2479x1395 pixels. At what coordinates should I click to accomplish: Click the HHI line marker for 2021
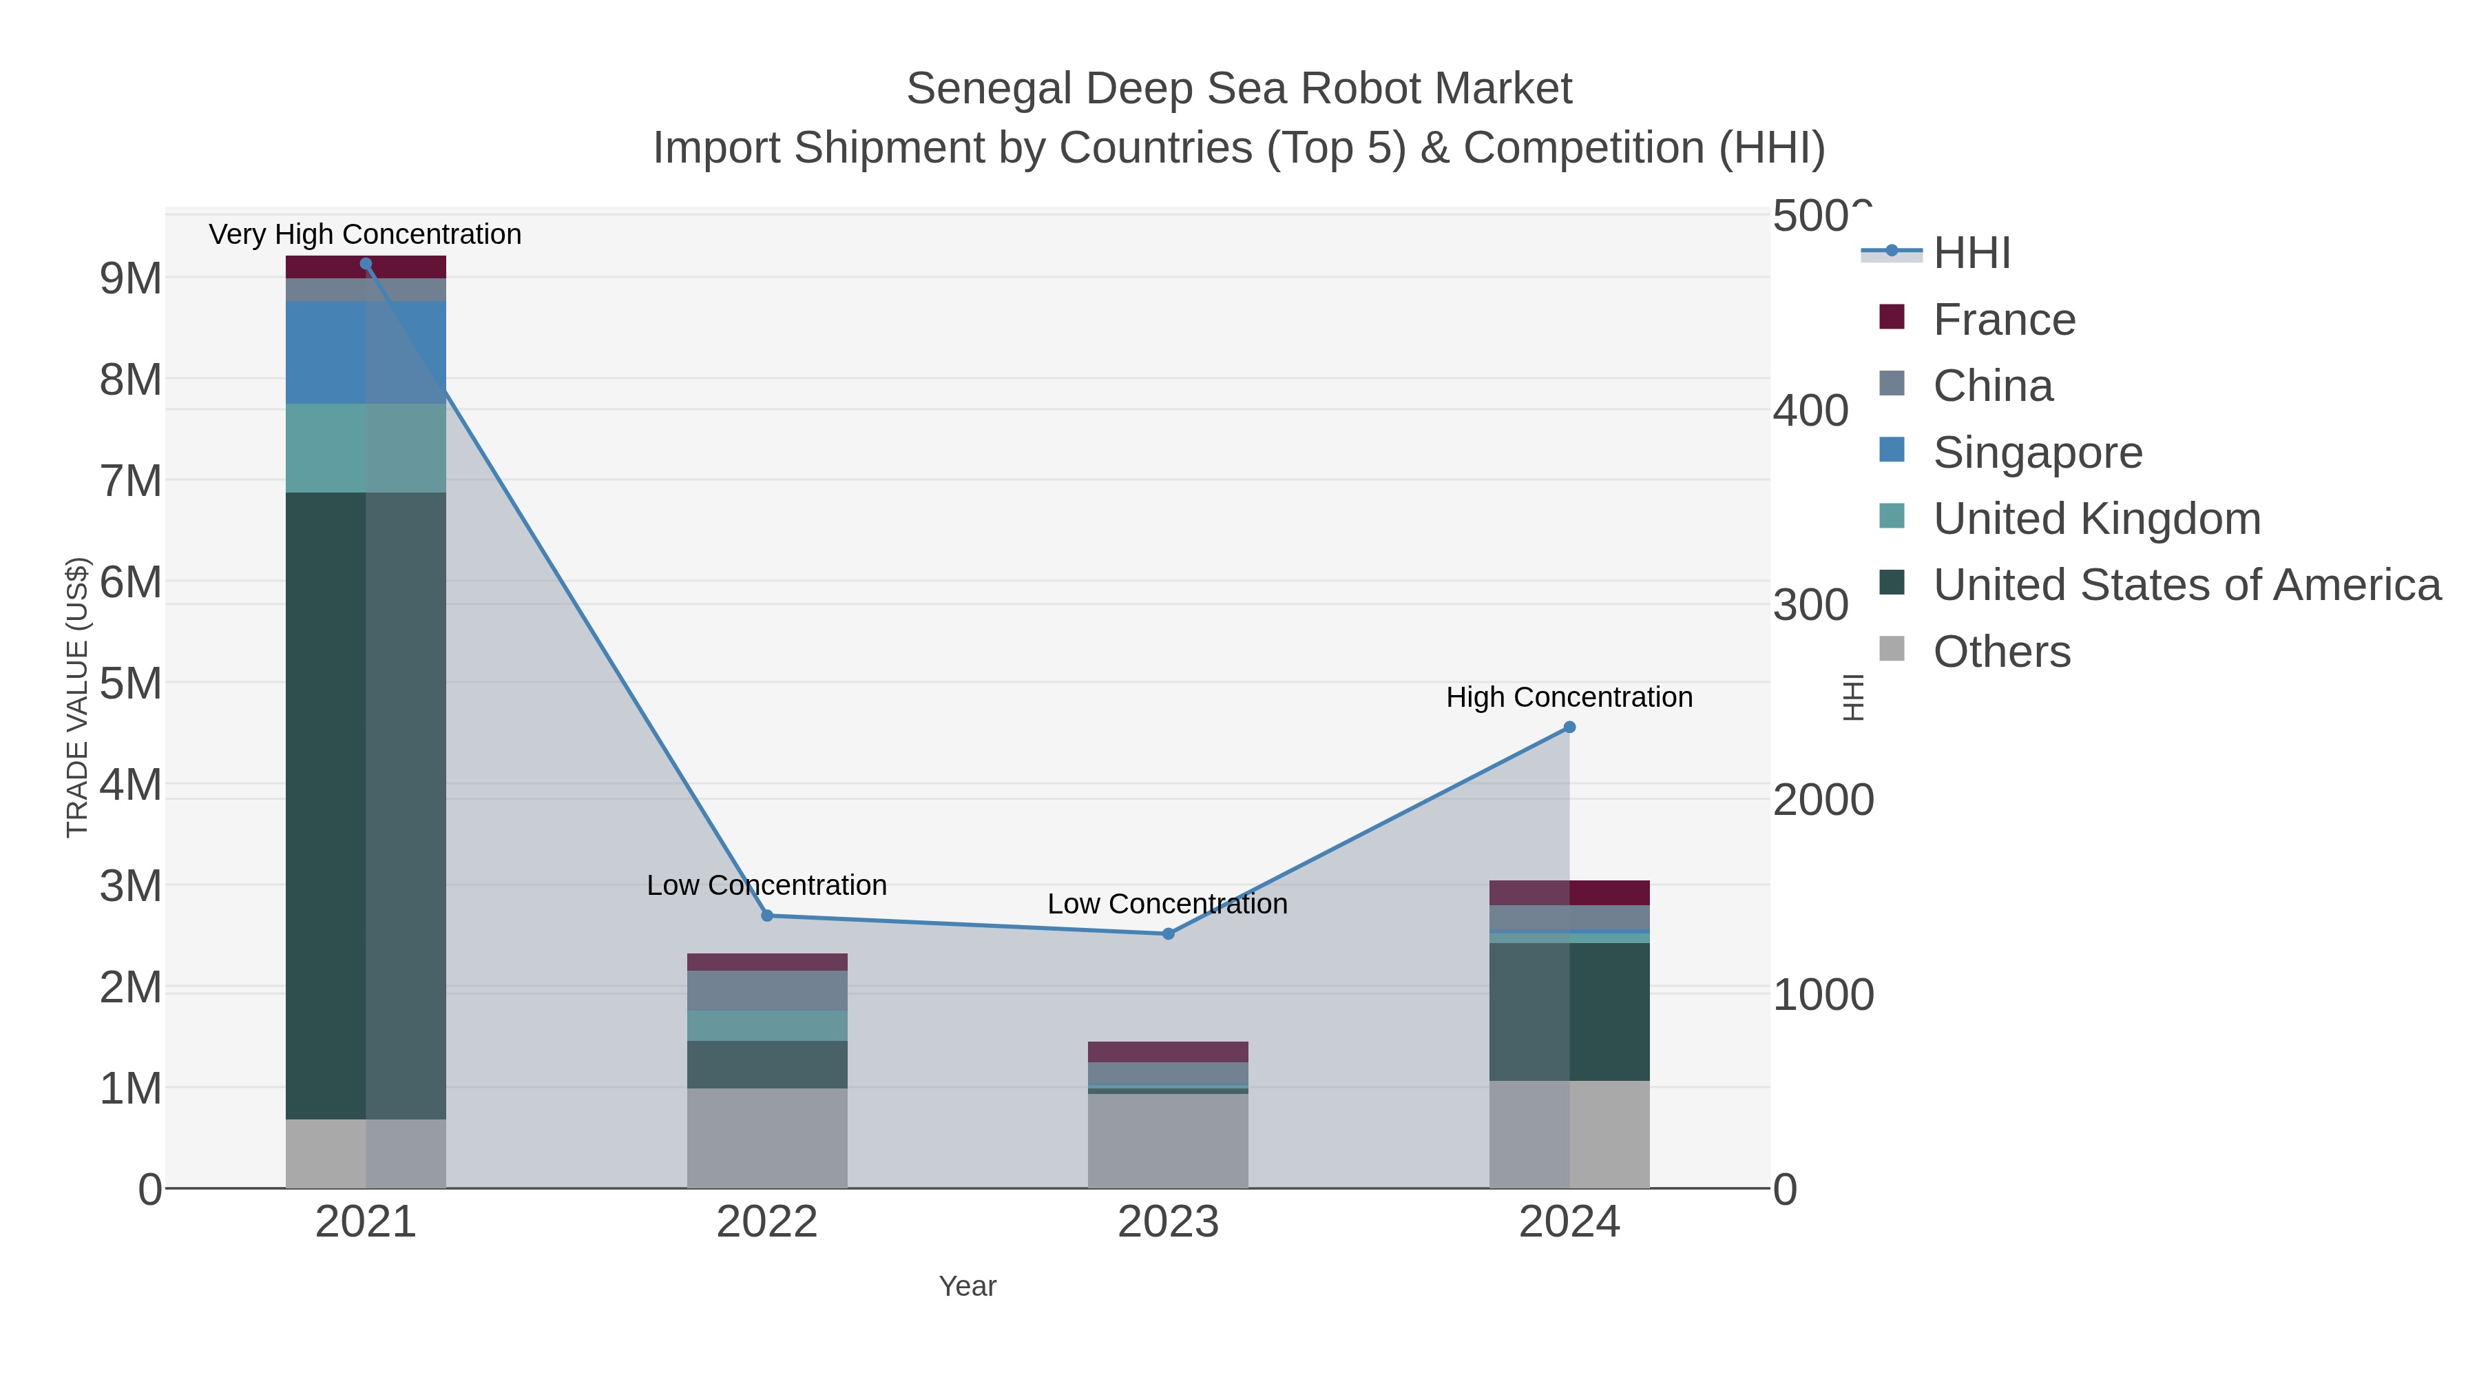click(x=366, y=264)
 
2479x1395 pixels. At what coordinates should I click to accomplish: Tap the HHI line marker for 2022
click(x=767, y=916)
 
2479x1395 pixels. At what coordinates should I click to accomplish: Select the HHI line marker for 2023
click(x=1169, y=934)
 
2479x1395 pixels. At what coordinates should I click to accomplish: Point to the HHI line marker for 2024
click(x=1569, y=728)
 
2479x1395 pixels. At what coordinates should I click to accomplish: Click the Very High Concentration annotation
click(x=365, y=234)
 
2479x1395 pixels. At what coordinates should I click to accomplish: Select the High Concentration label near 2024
click(x=1569, y=697)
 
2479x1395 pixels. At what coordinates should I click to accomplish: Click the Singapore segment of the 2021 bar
click(x=366, y=352)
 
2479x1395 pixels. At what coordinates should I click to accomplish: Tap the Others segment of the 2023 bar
click(x=1169, y=1141)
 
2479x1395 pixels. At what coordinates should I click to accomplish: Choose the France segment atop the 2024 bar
click(x=1569, y=892)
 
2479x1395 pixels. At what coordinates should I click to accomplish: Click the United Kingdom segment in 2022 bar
click(x=767, y=1025)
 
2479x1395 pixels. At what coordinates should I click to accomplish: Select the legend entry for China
click(x=1992, y=386)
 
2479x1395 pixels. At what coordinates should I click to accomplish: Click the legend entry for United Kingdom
click(x=2096, y=519)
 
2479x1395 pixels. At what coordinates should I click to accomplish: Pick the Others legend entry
click(x=2002, y=652)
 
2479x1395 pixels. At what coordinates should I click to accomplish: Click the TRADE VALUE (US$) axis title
click(x=77, y=697)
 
